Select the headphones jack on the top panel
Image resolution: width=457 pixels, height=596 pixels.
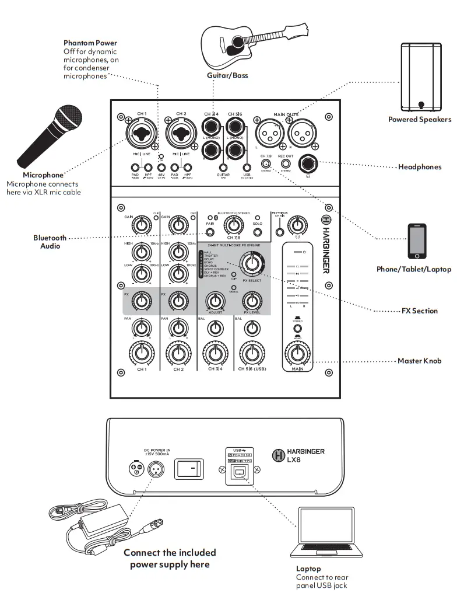coord(307,165)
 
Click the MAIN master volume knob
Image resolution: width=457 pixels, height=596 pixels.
coord(297,354)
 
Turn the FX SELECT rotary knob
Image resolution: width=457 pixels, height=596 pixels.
coord(251,264)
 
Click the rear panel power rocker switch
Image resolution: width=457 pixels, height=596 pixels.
coord(191,468)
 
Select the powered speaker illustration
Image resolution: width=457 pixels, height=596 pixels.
coord(420,77)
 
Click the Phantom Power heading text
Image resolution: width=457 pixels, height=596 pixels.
coord(90,43)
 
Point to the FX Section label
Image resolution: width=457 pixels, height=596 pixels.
coord(420,311)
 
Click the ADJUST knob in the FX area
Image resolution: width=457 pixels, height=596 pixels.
coord(216,301)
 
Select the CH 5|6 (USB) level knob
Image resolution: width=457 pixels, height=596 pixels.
coord(251,353)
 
